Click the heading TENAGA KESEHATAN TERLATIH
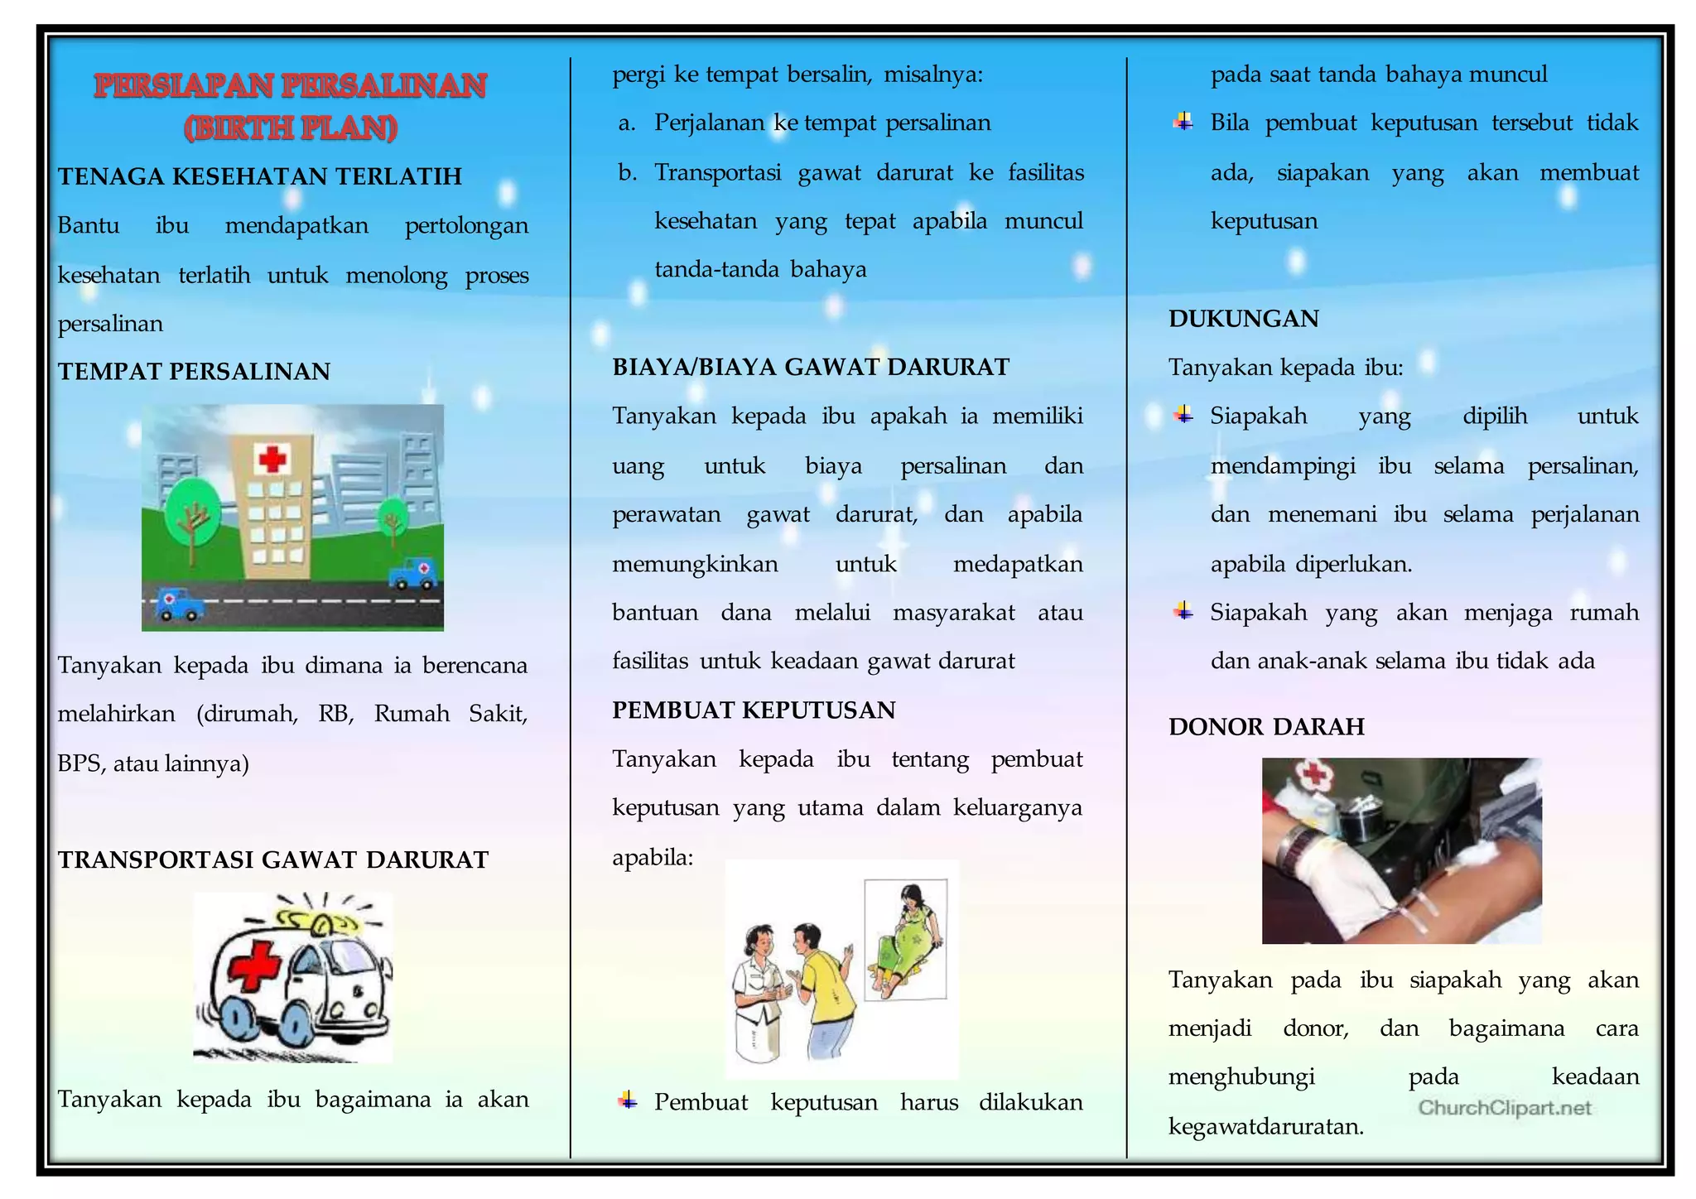pyautogui.click(x=259, y=176)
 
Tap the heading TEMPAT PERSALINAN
pyautogui.click(x=194, y=372)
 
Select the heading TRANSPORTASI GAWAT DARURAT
pyautogui.click(x=273, y=860)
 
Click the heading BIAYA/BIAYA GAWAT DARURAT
pyautogui.click(x=811, y=367)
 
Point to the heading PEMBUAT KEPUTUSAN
pyautogui.click(x=754, y=710)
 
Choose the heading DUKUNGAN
pyautogui.click(x=1243, y=319)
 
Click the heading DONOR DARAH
pyautogui.click(x=1266, y=727)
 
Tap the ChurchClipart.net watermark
pyautogui.click(x=1504, y=1108)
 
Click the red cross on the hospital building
pyautogui.click(x=272, y=458)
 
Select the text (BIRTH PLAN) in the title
pyautogui.click(x=291, y=128)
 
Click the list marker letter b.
pyautogui.click(x=626, y=173)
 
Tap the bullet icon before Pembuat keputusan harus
pyautogui.click(x=628, y=1100)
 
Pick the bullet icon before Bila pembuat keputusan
pyautogui.click(x=1183, y=123)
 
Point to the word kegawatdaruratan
pyautogui.click(x=1265, y=1126)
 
